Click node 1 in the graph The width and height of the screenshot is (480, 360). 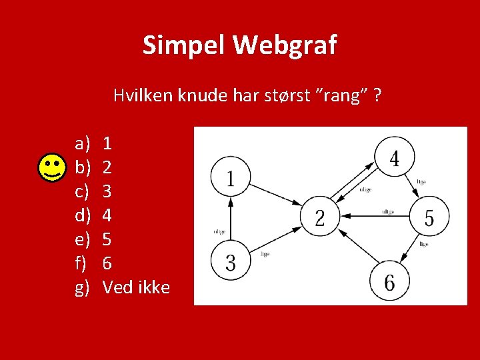point(230,178)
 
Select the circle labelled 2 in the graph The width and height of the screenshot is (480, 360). point(320,217)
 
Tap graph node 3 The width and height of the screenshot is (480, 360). point(230,262)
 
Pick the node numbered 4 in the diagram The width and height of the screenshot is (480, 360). point(394,157)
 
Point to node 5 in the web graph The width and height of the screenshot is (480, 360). point(429,217)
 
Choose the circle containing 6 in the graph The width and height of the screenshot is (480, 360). point(389,282)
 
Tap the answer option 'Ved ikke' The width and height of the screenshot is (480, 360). point(136,287)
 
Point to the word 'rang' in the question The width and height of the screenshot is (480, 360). point(345,95)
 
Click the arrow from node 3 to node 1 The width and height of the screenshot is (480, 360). point(230,220)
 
